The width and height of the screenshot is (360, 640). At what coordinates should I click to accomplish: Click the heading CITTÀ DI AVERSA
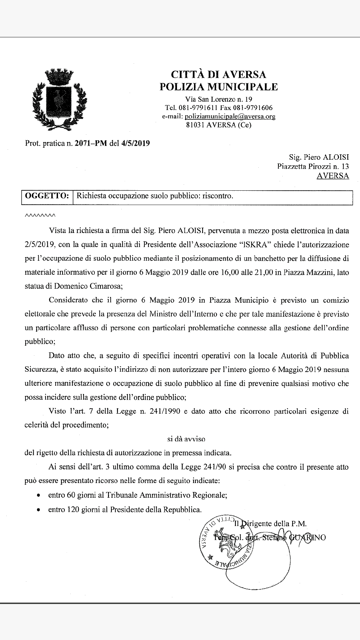point(218,74)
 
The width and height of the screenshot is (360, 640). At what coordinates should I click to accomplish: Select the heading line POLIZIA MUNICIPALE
point(218,87)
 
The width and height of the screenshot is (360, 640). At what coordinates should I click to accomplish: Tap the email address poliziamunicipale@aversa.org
point(230,116)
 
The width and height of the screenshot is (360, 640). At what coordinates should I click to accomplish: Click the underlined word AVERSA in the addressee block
point(332,176)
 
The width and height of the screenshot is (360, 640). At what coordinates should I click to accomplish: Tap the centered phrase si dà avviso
point(186,439)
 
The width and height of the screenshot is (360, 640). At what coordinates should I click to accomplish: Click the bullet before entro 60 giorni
point(39,496)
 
